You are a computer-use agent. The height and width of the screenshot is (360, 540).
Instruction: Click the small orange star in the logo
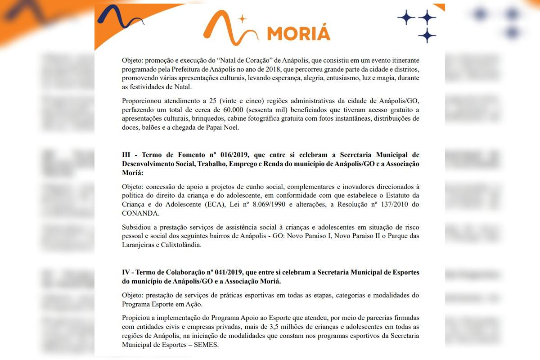243,19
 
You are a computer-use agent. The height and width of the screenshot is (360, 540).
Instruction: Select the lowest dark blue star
427,35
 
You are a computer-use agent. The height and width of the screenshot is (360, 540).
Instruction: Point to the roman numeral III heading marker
126,155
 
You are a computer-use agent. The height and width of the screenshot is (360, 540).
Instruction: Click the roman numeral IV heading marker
126,273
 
